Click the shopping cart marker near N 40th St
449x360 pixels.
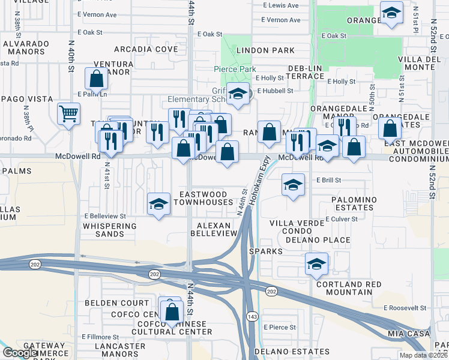[69, 112]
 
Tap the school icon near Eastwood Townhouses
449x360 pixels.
[158, 204]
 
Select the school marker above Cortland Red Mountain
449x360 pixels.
[316, 264]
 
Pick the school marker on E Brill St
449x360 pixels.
[293, 185]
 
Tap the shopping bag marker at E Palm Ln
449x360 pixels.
[96, 79]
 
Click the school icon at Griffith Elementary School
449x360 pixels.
[239, 94]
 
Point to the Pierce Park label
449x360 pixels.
[235, 70]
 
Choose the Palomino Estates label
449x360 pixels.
[354, 203]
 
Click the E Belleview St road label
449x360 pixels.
[105, 215]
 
